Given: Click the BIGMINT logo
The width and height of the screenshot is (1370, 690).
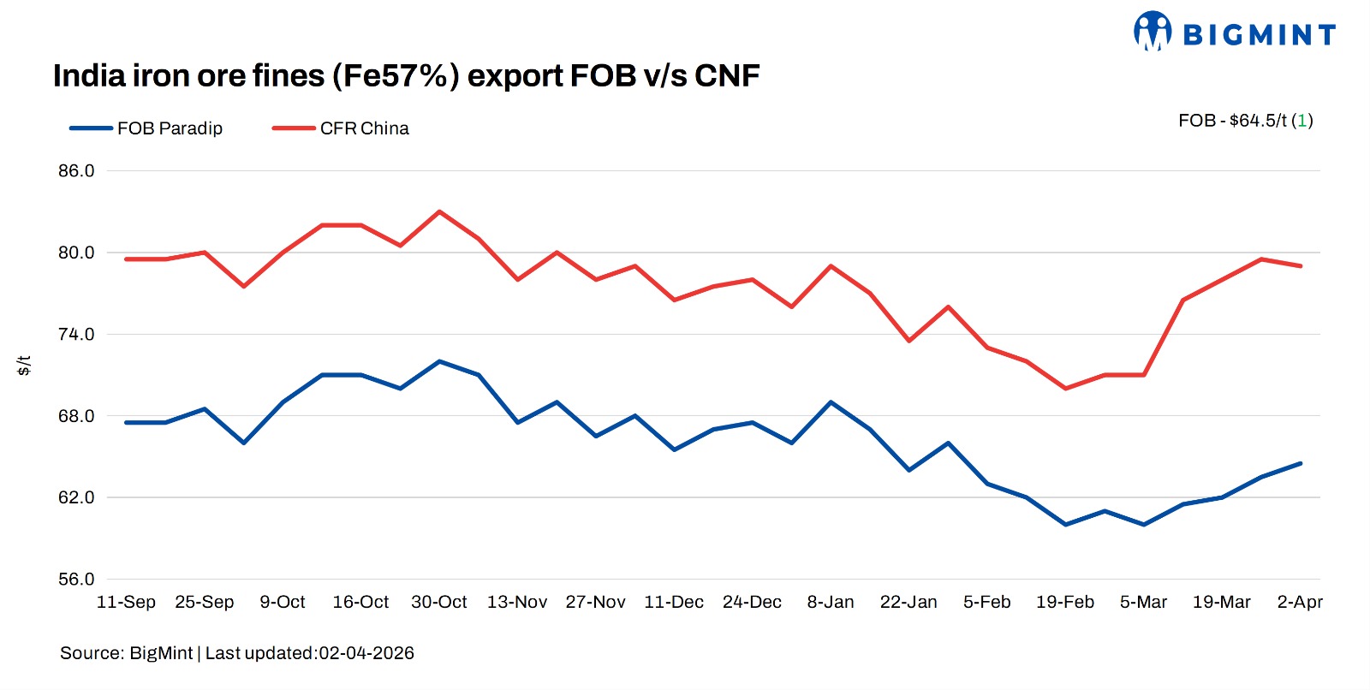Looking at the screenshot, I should coord(1234,33).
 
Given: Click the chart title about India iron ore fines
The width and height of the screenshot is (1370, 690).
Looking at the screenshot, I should coord(406,76).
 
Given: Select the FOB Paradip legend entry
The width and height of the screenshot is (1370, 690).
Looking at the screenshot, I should coord(170,128).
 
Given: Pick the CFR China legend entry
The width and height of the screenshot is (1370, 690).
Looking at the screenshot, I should coord(364,128).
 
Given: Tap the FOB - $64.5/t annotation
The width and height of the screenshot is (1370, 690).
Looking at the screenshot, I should coord(1245,121).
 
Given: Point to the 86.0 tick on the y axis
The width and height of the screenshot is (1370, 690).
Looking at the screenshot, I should coord(76,170).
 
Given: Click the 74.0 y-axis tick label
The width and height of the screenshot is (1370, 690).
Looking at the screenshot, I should coord(76,334).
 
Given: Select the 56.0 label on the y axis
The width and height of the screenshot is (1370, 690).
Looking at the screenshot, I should coord(76,579).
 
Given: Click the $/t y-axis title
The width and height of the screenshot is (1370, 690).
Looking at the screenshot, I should coord(24,366).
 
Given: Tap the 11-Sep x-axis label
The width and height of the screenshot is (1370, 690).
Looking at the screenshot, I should coord(126,602).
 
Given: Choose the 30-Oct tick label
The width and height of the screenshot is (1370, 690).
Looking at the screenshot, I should coord(439,602).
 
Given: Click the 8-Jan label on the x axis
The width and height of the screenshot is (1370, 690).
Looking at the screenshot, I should coord(831,602).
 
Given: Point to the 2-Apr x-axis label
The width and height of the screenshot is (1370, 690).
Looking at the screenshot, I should coord(1300,602).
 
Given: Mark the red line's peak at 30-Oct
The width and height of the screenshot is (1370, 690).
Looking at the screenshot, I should coord(439,211).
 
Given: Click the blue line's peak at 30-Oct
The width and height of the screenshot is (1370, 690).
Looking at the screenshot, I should coord(439,361).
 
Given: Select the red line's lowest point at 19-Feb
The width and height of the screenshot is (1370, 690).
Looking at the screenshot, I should coord(1065,389).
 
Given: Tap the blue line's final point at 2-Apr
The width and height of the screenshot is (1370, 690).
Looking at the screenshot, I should coord(1301,463).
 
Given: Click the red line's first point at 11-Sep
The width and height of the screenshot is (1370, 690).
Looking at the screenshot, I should coord(126,259).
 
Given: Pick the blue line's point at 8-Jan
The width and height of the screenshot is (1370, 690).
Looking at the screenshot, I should coord(831,402).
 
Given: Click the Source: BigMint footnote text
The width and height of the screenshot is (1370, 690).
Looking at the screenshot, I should coord(237,653).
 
